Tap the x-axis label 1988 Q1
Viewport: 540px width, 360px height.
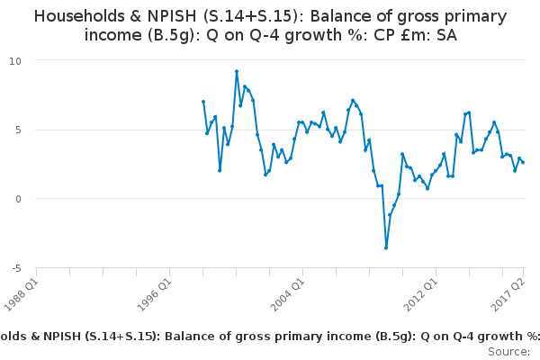click(x=22, y=291)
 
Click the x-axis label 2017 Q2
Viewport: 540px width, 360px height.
click(x=508, y=291)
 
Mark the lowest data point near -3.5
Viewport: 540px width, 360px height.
click(x=386, y=247)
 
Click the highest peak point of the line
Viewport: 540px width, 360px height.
click(x=236, y=71)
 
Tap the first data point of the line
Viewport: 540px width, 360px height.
click(x=203, y=102)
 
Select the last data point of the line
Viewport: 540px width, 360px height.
click(x=523, y=162)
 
